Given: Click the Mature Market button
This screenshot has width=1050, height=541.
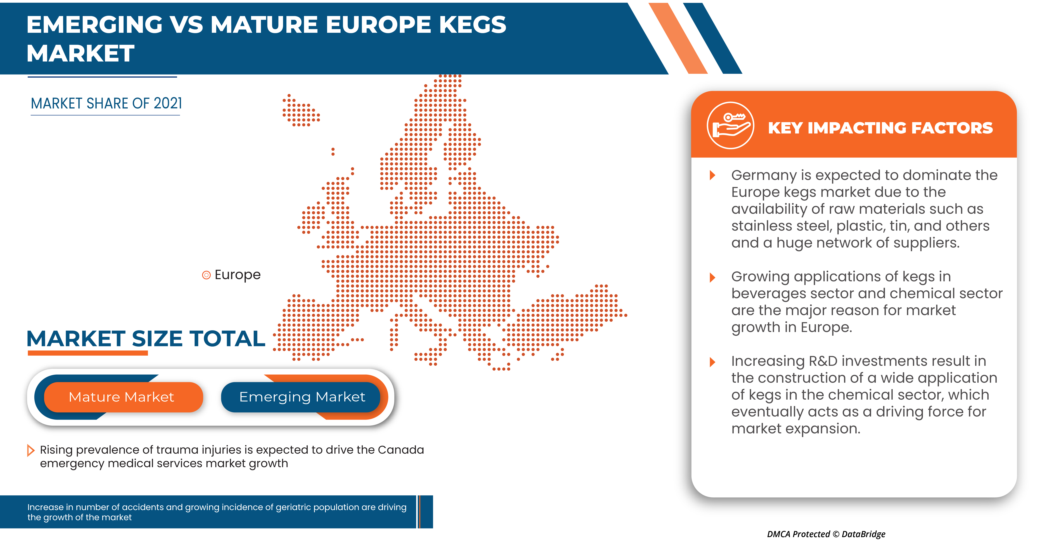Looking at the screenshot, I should point(122,397).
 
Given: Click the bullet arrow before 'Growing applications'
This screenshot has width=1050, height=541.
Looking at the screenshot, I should point(712,278).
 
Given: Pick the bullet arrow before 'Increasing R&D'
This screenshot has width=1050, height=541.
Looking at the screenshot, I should point(712,362).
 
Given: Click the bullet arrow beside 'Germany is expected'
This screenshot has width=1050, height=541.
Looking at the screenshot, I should point(712,175).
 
